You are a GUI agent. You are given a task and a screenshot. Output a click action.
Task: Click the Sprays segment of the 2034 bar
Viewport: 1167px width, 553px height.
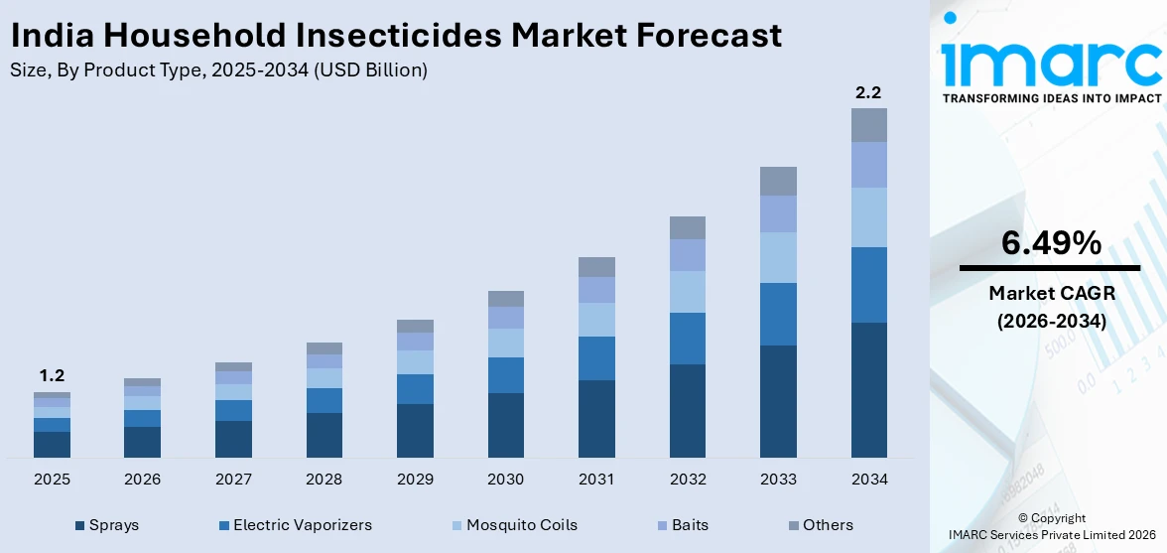868,389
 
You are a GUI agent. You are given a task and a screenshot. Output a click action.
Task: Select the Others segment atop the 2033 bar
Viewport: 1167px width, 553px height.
778,181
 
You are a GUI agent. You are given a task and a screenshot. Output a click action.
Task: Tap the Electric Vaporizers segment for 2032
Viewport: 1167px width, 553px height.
687,339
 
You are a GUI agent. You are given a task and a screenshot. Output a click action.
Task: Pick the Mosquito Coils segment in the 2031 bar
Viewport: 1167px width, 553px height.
596,320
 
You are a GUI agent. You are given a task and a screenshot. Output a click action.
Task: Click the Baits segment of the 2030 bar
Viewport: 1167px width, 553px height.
505,318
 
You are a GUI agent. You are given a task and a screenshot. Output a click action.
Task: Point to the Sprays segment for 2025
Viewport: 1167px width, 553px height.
52,444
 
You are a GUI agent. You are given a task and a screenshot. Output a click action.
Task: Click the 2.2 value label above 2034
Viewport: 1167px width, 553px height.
868,92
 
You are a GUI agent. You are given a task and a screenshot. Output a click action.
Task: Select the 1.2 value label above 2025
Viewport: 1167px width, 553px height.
52,376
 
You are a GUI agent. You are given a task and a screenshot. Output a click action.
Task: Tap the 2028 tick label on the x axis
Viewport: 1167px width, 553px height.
324,480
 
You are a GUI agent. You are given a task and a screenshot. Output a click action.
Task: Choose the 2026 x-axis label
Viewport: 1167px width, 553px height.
142,480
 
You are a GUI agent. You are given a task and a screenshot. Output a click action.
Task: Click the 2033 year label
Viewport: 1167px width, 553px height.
778,480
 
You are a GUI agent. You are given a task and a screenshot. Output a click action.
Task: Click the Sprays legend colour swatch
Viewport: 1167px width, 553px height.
79,525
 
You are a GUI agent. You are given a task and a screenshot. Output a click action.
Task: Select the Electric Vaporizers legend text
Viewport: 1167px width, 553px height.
303,525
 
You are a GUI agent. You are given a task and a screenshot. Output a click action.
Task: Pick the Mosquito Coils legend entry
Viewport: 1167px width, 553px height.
521,525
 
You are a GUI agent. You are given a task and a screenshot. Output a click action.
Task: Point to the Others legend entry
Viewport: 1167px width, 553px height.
828,525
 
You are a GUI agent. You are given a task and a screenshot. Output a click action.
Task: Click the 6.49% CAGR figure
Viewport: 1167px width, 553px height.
1051,242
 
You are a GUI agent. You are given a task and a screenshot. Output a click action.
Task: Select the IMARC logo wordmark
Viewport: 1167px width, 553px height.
1051,62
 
